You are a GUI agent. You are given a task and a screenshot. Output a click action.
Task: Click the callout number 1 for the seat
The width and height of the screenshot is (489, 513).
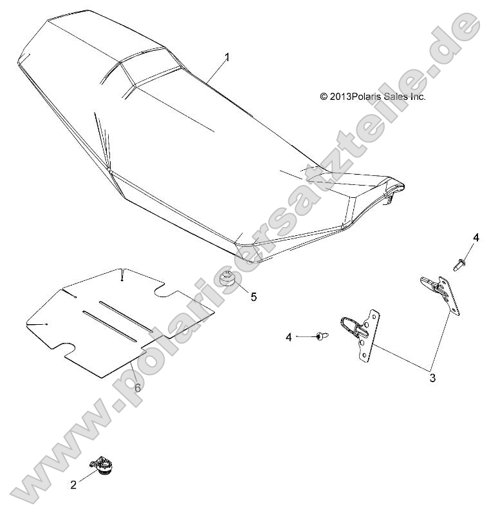pyautogui.click(x=227, y=57)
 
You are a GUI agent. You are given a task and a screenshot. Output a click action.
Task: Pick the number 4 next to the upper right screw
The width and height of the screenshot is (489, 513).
pyautogui.click(x=476, y=238)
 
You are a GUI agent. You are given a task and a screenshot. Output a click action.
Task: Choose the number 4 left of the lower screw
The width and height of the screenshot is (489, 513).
pyautogui.click(x=290, y=336)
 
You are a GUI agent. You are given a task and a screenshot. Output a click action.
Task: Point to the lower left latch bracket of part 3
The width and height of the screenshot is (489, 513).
pyautogui.click(x=360, y=331)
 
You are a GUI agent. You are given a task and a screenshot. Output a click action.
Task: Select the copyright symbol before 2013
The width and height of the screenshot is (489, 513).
pyautogui.click(x=324, y=97)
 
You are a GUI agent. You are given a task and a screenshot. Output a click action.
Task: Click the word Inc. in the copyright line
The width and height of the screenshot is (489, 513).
pyautogui.click(x=418, y=97)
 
